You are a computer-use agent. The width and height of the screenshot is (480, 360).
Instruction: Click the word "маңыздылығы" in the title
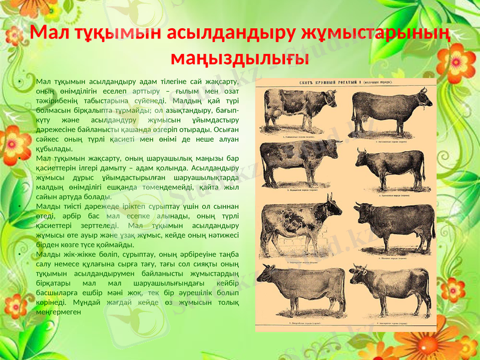(240, 58)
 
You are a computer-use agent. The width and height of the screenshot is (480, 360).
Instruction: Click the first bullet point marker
(20, 82)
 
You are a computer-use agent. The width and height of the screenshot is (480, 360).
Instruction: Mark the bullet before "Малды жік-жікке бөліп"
(20, 254)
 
